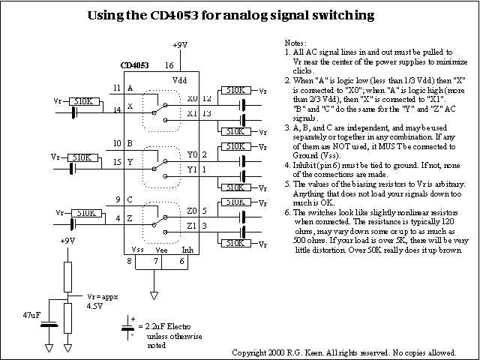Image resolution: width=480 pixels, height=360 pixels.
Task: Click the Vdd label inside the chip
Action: point(180,81)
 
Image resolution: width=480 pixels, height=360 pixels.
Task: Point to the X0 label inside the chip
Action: point(193,98)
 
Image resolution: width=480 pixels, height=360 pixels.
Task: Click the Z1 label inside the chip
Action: point(193,225)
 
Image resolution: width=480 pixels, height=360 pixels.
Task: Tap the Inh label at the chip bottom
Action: point(187,249)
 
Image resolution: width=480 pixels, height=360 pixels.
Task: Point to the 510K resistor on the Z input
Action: point(85,213)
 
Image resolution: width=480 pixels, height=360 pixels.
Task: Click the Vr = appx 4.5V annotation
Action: point(102,301)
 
